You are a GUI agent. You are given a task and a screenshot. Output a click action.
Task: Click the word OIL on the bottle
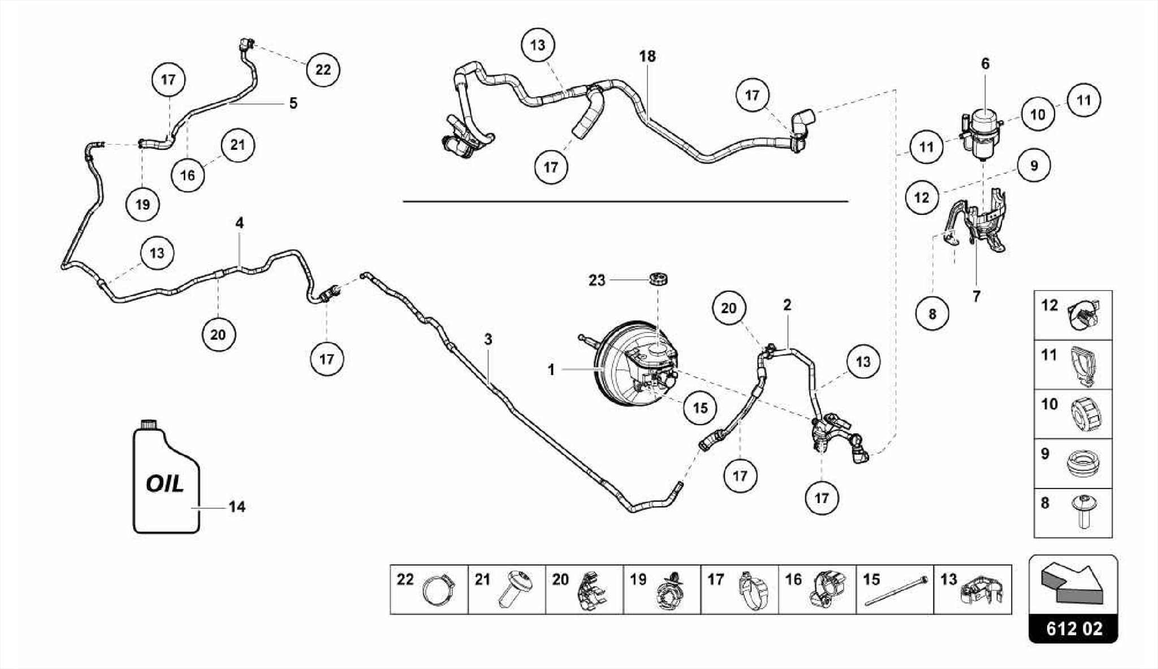[165, 484]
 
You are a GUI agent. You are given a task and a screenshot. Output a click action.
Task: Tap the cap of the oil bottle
[149, 425]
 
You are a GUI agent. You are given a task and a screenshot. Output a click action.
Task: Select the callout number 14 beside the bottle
[237, 507]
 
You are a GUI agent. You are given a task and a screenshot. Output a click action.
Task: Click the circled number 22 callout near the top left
[323, 70]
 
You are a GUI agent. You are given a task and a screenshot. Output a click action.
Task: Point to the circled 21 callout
[237, 145]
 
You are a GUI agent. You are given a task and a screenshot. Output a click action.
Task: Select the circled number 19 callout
[142, 204]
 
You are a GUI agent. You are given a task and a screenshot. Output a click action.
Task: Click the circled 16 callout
[188, 175]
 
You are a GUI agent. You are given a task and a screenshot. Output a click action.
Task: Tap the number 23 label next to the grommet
[597, 280]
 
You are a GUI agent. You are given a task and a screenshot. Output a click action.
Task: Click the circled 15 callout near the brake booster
[700, 408]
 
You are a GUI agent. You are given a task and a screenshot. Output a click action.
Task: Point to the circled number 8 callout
[932, 313]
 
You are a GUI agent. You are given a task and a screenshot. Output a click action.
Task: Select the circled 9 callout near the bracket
[1034, 166]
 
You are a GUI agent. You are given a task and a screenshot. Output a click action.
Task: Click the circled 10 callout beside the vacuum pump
[1038, 115]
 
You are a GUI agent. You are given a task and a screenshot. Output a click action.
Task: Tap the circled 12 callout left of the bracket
[922, 197]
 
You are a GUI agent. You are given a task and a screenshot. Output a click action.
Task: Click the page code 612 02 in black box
[1074, 629]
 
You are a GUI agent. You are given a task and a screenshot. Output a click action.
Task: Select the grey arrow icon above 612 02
[1073, 582]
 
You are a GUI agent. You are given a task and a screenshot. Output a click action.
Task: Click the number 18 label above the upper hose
[647, 57]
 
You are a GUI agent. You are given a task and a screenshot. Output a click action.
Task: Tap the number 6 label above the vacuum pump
[986, 64]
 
